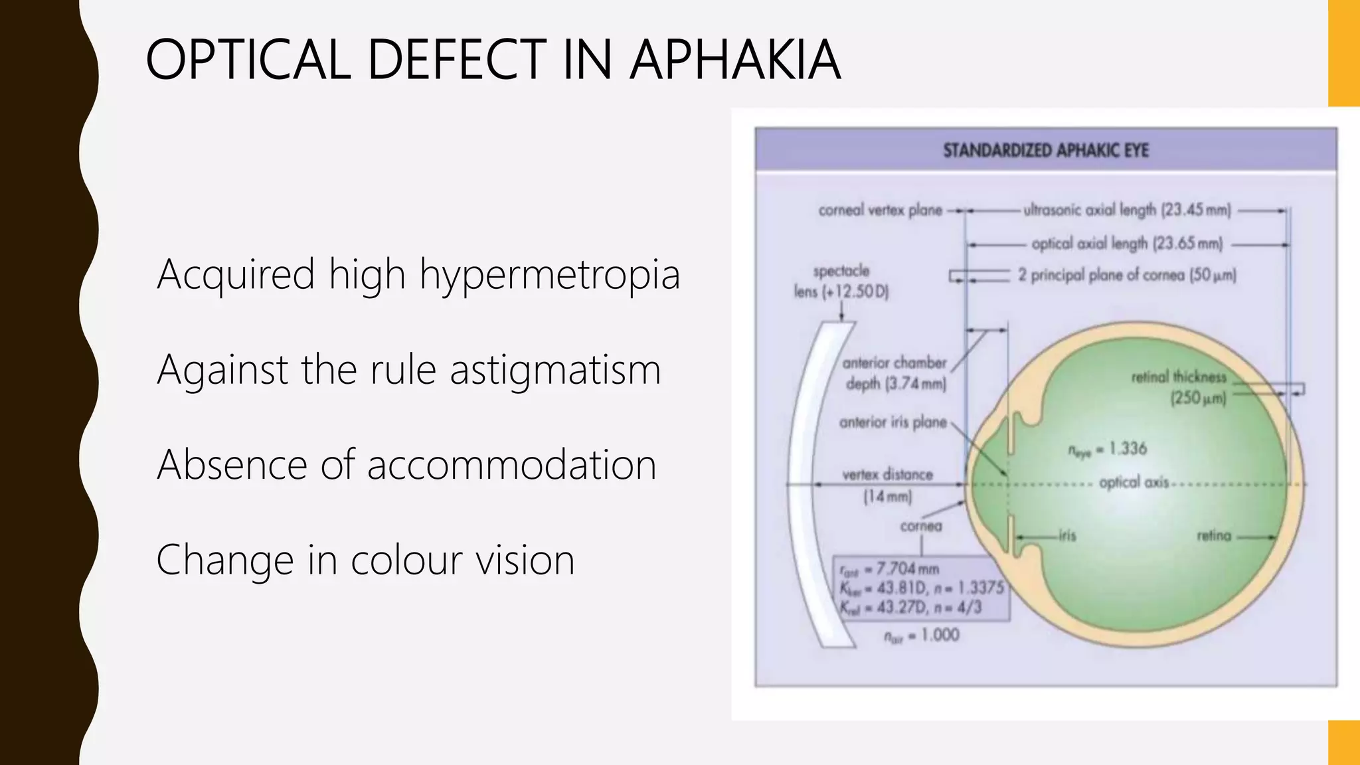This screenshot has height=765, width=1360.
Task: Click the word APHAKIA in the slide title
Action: click(735, 60)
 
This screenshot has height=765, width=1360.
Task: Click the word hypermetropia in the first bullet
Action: click(550, 274)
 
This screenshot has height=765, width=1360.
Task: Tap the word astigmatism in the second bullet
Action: click(555, 369)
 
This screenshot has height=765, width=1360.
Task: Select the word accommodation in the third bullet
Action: click(511, 464)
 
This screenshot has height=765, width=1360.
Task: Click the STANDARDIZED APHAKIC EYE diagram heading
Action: click(1046, 151)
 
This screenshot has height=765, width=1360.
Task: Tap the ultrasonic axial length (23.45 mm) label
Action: click(1127, 211)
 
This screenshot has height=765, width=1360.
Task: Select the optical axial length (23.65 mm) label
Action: click(1127, 244)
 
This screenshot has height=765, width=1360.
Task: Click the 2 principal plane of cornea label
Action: click(1127, 275)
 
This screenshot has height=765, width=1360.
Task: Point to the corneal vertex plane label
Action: click(880, 211)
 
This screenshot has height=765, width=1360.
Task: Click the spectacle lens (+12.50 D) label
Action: click(841, 281)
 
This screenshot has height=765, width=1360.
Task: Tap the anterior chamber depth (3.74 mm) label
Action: click(894, 373)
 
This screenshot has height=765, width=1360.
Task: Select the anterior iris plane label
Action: click(892, 422)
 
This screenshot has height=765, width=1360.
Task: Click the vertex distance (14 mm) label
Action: click(887, 485)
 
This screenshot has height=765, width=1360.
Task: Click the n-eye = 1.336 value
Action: click(1107, 450)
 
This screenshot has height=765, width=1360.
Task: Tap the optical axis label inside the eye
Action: click(1133, 482)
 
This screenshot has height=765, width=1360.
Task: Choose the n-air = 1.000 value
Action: click(922, 636)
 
